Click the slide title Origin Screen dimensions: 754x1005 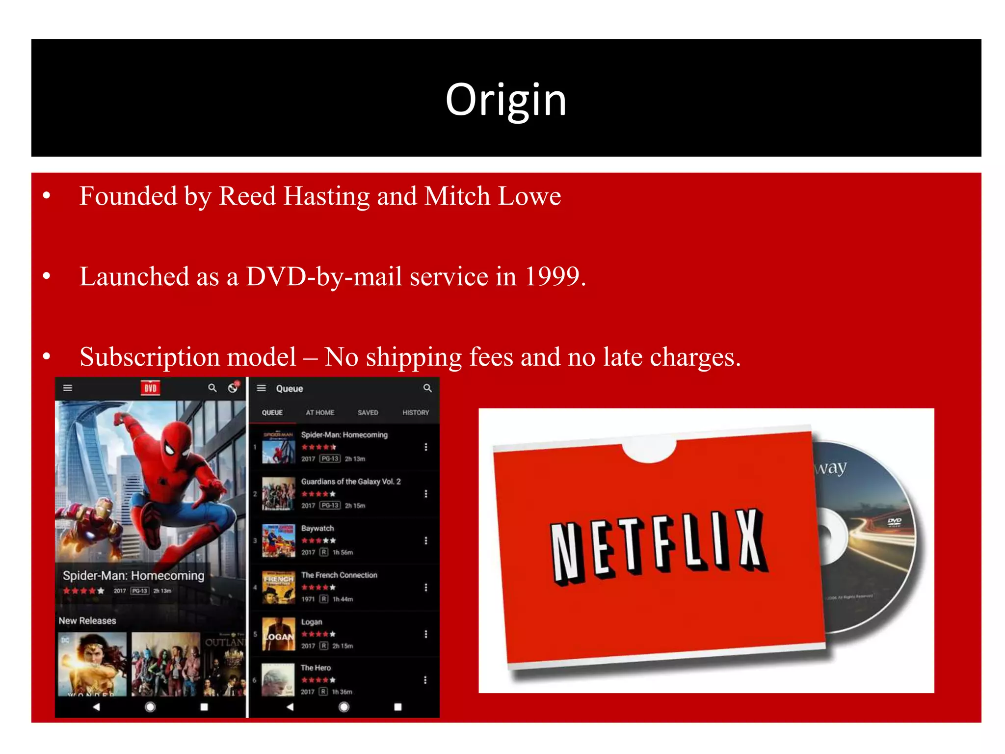tap(506, 100)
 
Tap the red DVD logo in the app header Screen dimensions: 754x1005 tap(150, 388)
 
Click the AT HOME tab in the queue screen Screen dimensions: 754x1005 tap(320, 413)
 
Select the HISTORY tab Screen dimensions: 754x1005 tap(415, 413)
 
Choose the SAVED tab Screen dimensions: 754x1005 tap(368, 413)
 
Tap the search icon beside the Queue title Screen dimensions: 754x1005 tap(427, 388)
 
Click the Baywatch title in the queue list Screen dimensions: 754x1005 tap(317, 529)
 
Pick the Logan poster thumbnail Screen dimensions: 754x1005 tap(278, 634)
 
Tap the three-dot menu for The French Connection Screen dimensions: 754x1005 tap(426, 588)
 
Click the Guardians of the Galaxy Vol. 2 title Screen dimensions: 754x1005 tap(350, 482)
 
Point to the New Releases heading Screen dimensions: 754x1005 tap(87, 621)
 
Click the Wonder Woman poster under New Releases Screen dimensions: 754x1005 tap(92, 664)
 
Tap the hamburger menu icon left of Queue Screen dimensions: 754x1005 tap(262, 388)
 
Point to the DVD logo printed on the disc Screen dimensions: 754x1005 tap(894, 522)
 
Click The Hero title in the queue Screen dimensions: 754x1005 tap(316, 668)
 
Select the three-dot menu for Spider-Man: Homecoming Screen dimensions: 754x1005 tap(426, 447)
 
